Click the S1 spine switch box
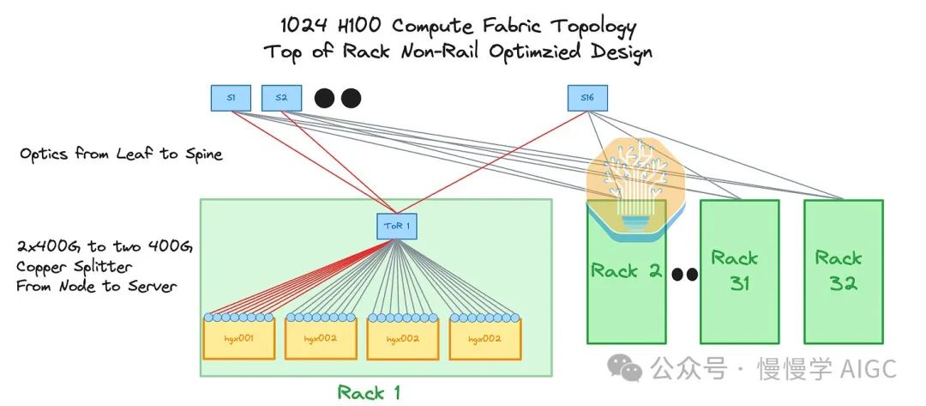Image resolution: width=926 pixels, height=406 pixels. click(x=231, y=98)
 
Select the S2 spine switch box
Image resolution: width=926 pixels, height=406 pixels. click(x=281, y=98)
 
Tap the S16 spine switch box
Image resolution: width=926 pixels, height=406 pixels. click(x=587, y=98)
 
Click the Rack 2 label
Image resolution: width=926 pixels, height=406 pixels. click(x=627, y=271)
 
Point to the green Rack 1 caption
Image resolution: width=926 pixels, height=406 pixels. click(x=370, y=392)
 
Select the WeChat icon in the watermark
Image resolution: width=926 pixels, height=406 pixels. click(x=625, y=369)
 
